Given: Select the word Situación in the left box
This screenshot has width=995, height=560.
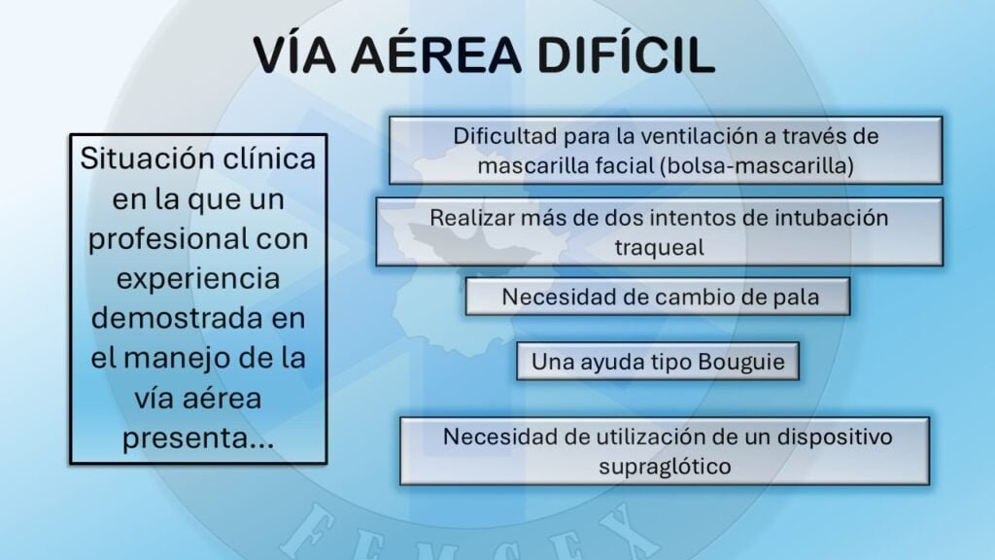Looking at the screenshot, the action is (135, 158).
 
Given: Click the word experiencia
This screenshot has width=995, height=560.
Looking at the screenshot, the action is (198, 279).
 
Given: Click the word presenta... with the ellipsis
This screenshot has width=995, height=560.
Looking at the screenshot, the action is (198, 438).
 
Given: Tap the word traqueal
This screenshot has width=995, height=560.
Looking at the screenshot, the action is (660, 248).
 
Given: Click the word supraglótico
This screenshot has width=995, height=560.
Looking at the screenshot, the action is (665, 468).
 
